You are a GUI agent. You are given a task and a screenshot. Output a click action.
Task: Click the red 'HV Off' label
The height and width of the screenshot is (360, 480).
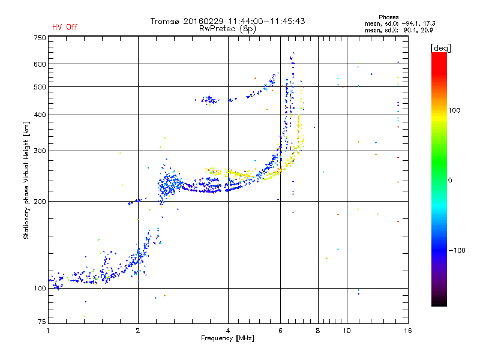tap(64, 27)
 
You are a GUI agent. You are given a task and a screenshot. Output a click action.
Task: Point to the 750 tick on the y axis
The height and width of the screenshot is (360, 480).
tap(40, 38)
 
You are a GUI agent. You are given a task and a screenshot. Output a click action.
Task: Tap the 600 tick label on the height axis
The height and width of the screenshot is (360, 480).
tap(40, 64)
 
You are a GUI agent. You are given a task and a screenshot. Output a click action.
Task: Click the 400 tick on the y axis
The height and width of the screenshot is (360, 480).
tap(40, 115)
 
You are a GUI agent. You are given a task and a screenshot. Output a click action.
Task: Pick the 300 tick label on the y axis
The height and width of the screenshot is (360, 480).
tap(40, 151)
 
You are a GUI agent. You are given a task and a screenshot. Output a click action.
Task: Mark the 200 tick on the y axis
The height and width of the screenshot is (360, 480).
tap(40, 202)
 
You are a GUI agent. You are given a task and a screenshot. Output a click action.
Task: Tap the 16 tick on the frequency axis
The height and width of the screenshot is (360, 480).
tap(407, 331)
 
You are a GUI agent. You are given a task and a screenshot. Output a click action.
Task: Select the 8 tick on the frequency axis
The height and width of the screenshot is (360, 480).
tap(318, 331)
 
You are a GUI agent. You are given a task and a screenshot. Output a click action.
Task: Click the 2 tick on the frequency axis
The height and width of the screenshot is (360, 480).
tap(139, 331)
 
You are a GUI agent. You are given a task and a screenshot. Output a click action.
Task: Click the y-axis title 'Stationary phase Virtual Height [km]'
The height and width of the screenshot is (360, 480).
tap(26, 179)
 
